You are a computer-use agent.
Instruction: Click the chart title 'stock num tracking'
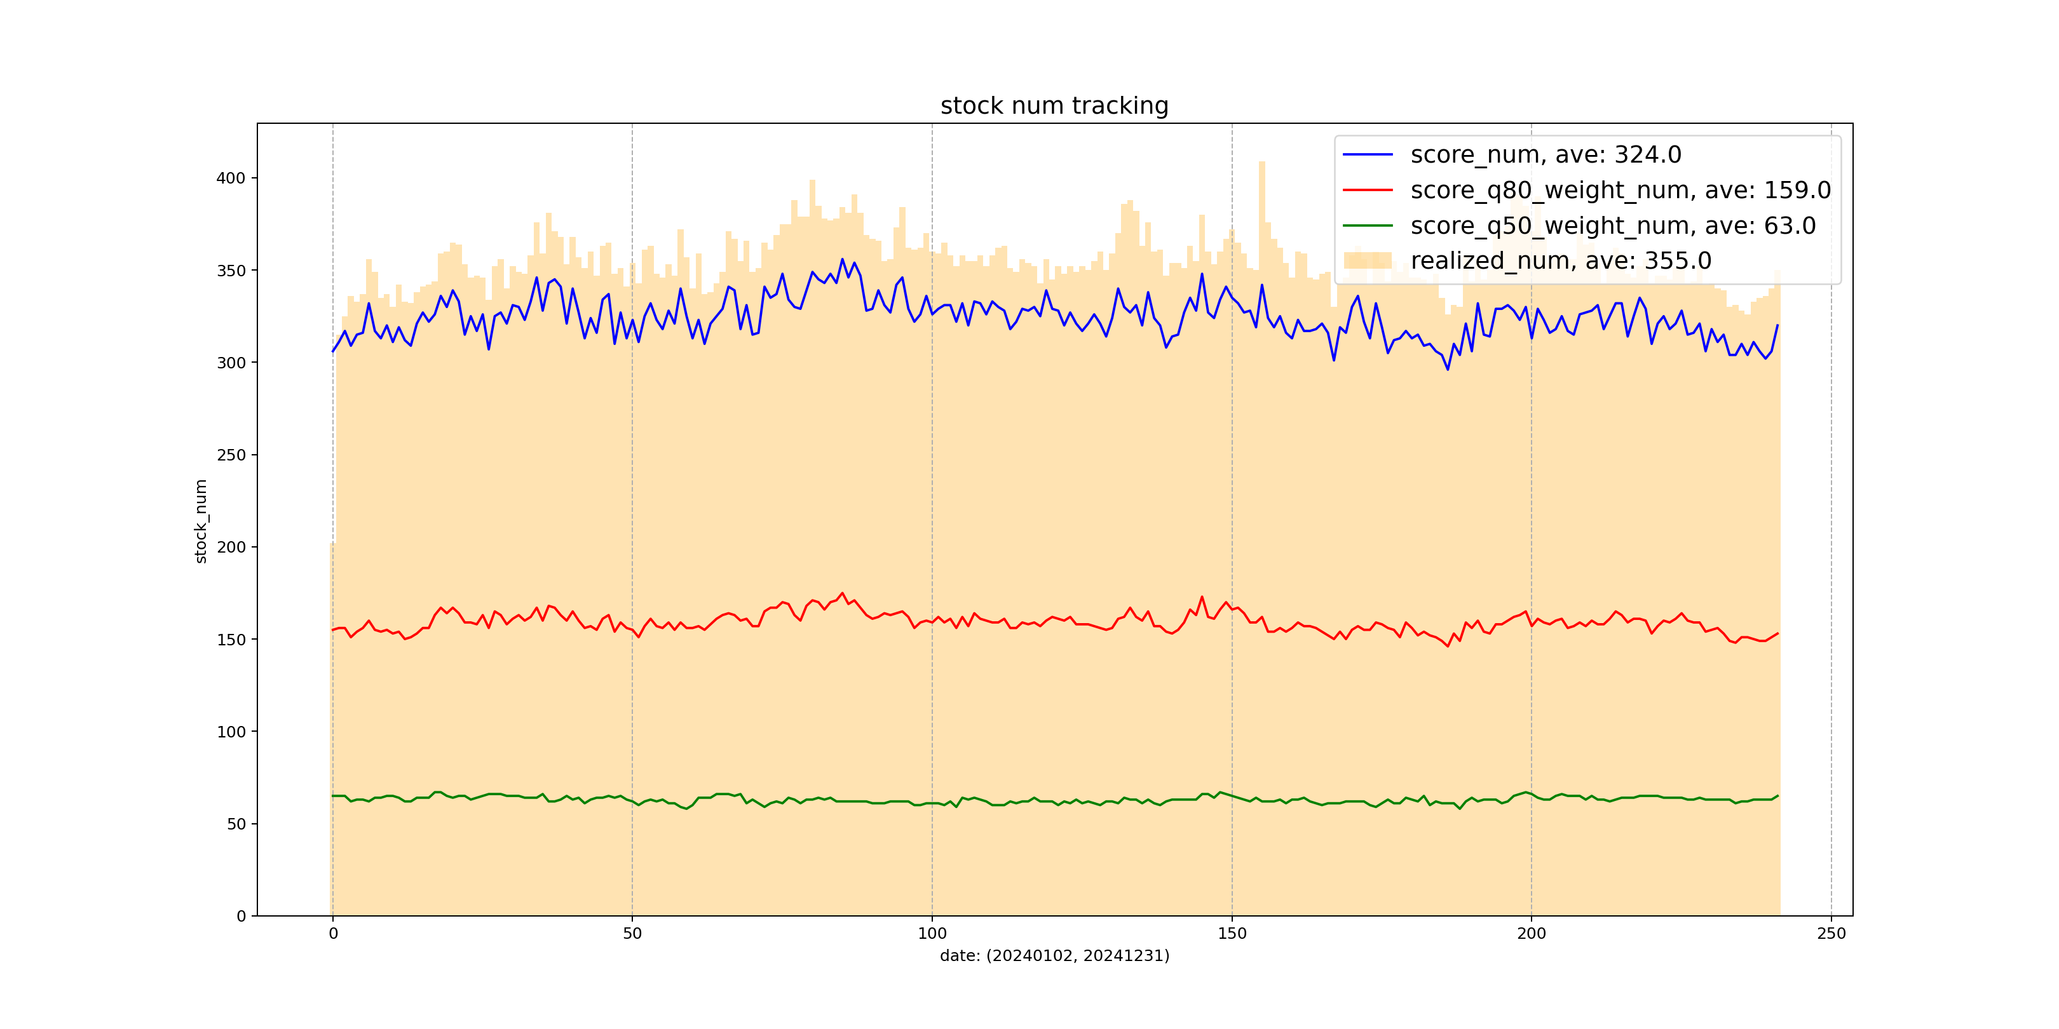pos(1054,105)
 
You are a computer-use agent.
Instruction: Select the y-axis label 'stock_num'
pos(201,521)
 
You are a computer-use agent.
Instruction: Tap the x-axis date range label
pos(1054,955)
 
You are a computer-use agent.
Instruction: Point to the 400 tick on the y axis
pos(230,178)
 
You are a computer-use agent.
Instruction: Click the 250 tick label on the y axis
pos(230,455)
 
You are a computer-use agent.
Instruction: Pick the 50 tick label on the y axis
pos(236,824)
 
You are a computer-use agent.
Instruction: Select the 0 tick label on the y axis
pos(241,917)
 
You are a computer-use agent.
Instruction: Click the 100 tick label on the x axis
pos(932,933)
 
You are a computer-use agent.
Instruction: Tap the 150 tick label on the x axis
pos(1232,933)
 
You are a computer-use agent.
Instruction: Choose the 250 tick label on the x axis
pos(1831,933)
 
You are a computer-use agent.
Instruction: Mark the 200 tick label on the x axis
pos(1532,933)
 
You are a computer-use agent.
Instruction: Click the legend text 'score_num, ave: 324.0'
pos(1546,154)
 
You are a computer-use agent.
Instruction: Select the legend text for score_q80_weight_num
pos(1620,190)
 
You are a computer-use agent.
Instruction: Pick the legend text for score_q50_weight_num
pos(1613,225)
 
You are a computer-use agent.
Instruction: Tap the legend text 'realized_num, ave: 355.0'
pos(1560,260)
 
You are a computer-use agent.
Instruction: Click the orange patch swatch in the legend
pos(1368,260)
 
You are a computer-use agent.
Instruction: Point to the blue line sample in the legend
pos(1368,154)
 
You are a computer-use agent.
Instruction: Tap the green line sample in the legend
pos(1368,225)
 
